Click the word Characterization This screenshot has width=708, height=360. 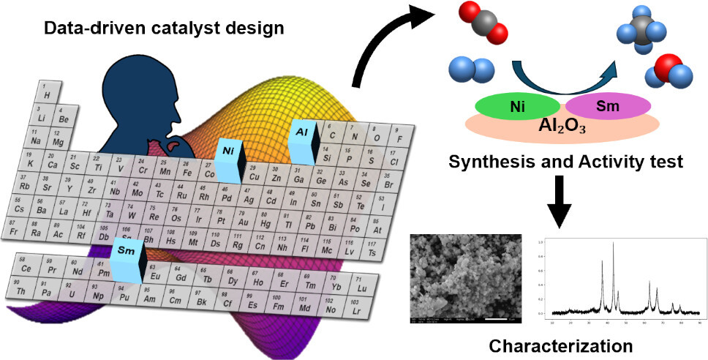tap(561, 345)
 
